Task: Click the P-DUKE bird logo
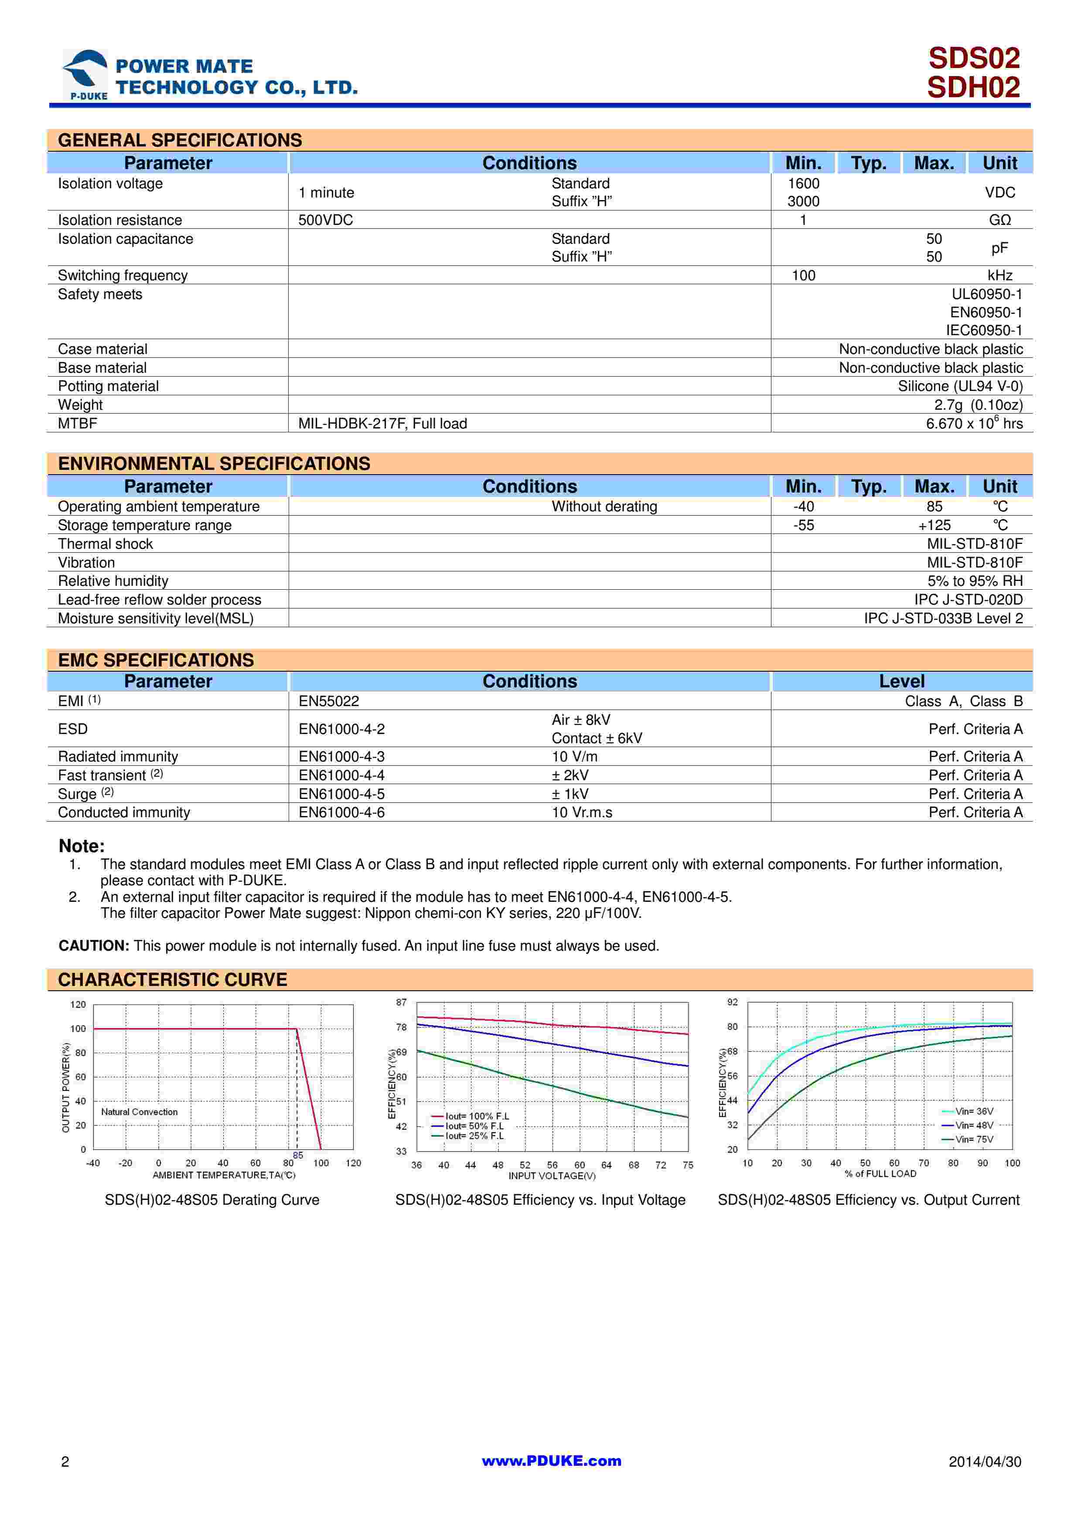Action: coord(85,74)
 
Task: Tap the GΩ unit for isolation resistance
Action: coord(1000,220)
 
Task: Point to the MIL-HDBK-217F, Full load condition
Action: coord(382,424)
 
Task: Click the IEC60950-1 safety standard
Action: coord(984,330)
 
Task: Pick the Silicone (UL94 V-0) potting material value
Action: coord(960,386)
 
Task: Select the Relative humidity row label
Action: coord(113,581)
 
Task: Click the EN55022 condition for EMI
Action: coord(329,701)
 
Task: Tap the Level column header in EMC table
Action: coord(901,681)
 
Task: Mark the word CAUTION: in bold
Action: coord(94,946)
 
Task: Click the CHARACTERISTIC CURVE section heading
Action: coord(173,980)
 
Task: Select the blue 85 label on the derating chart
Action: coord(298,1155)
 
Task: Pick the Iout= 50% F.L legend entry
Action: coord(474,1126)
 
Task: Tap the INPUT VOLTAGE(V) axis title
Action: coord(552,1176)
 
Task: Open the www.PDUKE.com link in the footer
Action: coord(552,1461)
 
